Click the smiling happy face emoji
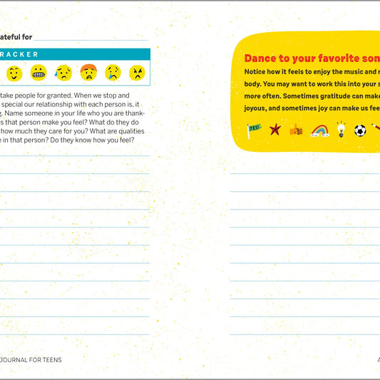point(15,73)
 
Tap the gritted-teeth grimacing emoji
point(38,73)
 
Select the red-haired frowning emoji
point(88,73)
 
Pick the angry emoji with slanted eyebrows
point(137,73)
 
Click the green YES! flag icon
point(254,130)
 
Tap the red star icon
point(275,130)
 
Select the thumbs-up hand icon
point(296,130)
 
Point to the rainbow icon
point(319,130)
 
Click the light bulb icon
point(341,130)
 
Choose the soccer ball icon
point(360,130)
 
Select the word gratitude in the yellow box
point(337,96)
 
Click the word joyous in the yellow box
point(257,108)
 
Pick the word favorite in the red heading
point(328,58)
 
